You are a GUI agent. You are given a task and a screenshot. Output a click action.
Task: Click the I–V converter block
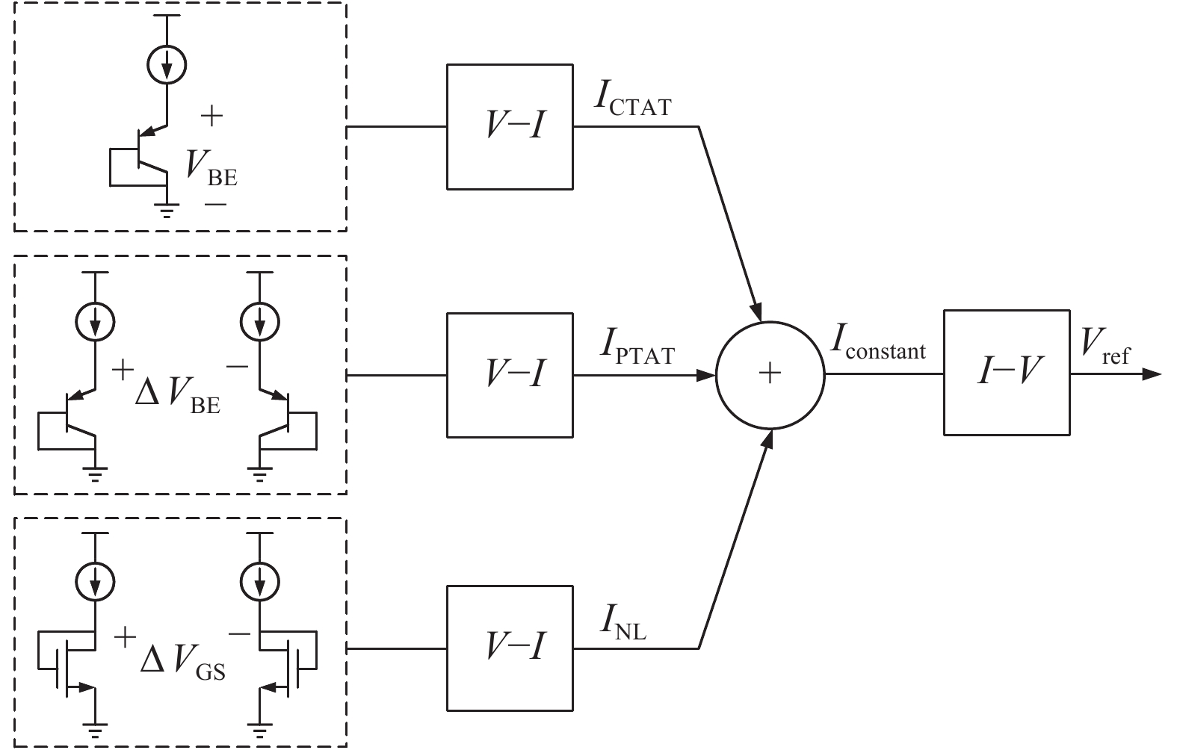click(x=1006, y=372)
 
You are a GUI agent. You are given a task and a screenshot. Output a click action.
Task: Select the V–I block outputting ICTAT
click(x=510, y=126)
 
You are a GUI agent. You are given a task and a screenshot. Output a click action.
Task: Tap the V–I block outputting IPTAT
click(x=510, y=374)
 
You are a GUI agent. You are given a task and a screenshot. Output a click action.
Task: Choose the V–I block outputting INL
click(x=510, y=647)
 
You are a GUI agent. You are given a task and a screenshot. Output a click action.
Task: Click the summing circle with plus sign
click(x=770, y=375)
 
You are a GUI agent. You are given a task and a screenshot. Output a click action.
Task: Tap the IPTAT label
click(x=635, y=348)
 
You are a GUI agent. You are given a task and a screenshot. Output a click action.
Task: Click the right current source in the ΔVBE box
click(x=259, y=322)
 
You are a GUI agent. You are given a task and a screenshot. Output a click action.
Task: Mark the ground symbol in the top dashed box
click(x=167, y=209)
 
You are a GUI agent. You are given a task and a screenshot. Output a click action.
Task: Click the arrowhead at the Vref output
click(x=1152, y=374)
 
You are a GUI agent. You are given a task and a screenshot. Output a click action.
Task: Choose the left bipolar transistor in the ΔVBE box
click(x=75, y=415)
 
